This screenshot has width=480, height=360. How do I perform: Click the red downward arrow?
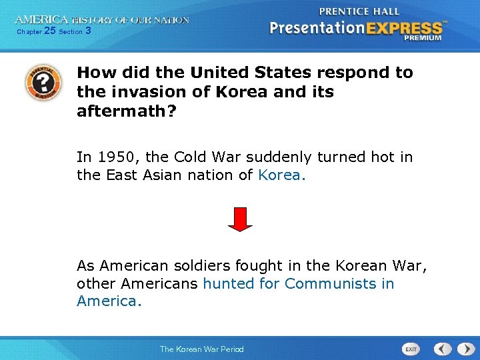point(240,219)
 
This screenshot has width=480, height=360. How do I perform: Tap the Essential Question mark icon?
point(43,81)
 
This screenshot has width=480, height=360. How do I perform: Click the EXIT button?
point(411,349)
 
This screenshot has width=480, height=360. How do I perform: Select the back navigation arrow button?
point(443,349)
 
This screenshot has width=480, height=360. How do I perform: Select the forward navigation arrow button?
point(463,349)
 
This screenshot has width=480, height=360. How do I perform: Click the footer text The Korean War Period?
point(201,349)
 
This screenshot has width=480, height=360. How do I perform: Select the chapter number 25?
point(49,31)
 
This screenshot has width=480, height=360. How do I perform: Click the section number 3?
point(89,31)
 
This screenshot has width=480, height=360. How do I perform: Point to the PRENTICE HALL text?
point(359,11)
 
